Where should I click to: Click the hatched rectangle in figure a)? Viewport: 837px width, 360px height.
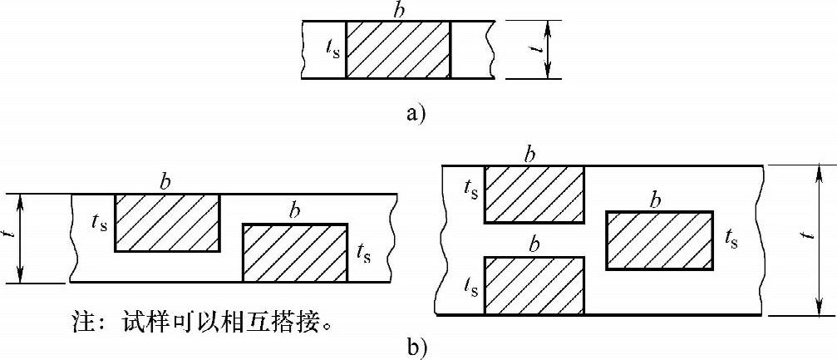point(397,50)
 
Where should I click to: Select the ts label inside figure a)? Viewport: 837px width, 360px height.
point(332,50)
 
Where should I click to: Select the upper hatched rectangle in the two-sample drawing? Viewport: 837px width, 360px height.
point(168,223)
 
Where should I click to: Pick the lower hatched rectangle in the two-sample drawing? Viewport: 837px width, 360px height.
point(294,253)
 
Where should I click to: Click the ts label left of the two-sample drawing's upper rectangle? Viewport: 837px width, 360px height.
point(101,223)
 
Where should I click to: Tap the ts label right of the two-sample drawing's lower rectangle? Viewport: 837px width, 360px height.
point(363,251)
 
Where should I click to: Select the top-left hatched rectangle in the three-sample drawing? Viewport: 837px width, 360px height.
point(534,194)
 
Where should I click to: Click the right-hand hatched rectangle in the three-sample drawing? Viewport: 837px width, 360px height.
point(660,240)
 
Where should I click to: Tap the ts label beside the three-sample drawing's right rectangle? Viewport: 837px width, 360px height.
point(731,240)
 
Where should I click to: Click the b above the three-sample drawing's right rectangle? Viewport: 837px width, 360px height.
point(656,200)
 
